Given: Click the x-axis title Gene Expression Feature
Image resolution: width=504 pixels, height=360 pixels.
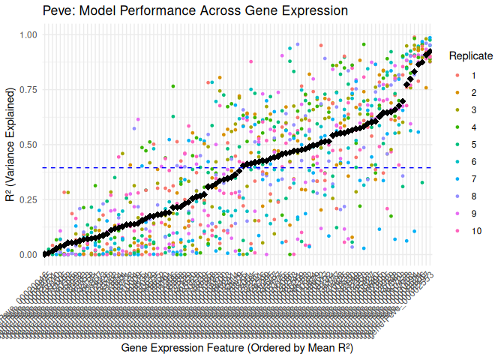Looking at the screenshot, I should [236, 348].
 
